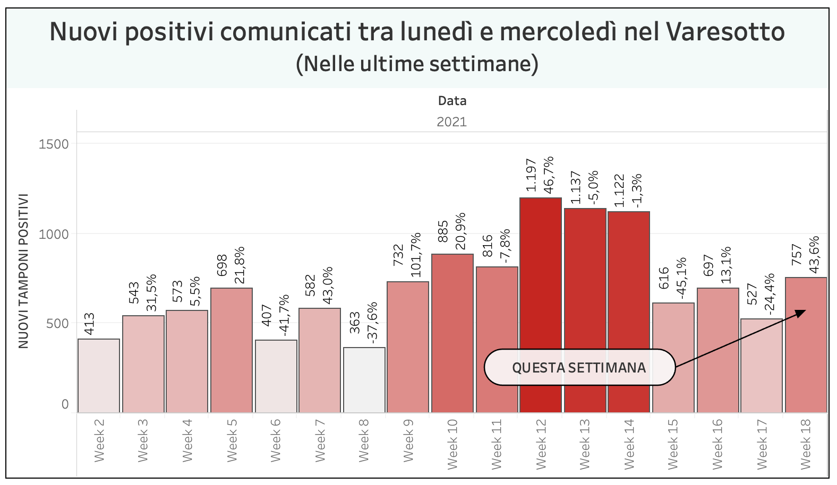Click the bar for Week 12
click(x=541, y=305)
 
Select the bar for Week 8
click(x=364, y=380)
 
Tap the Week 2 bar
click(x=99, y=376)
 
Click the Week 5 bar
click(x=232, y=350)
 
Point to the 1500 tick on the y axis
click(x=54, y=144)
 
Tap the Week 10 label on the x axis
click(x=452, y=445)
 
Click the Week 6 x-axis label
click(x=276, y=440)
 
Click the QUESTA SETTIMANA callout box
click(x=579, y=367)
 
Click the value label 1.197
click(x=532, y=175)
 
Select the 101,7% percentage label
click(x=416, y=254)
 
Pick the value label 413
click(x=90, y=324)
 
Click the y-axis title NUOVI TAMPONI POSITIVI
click(x=23, y=271)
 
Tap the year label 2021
click(x=451, y=122)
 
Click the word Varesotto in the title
click(x=725, y=32)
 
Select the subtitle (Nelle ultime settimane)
click(x=417, y=64)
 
